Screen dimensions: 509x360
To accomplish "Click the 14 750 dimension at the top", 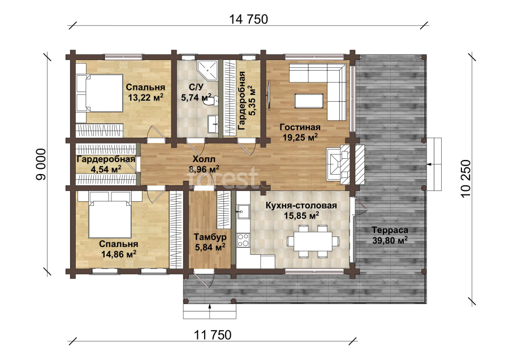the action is tap(249, 19).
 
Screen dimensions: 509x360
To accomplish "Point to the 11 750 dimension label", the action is tap(213, 335).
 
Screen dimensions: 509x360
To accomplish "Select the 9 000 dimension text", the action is tap(41, 164).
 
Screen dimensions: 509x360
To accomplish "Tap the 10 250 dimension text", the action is tap(465, 179).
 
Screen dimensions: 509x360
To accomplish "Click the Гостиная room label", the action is tap(300, 127).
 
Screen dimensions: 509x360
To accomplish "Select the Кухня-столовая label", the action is tap(301, 205).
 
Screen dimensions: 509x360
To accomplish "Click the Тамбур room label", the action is tap(210, 237).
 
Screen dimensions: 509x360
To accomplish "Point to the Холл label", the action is tap(204, 159).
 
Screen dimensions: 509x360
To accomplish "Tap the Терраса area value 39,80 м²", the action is tap(390, 240).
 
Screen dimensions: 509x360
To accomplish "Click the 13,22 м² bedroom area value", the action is tap(145, 97).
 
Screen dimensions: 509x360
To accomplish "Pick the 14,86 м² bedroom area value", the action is tap(119, 254).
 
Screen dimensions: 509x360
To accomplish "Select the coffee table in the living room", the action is tap(309, 101).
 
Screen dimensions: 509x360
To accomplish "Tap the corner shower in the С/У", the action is tap(208, 70).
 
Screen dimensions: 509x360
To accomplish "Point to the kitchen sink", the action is tap(242, 212).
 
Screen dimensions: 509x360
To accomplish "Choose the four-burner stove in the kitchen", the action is tap(243, 240).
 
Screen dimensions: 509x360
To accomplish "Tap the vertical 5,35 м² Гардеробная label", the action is tap(247, 101).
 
